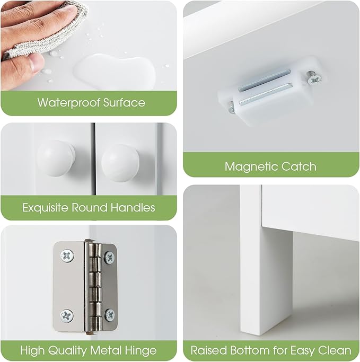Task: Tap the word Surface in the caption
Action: click(x=124, y=102)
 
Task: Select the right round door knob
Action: click(x=120, y=160)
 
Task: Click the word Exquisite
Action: click(x=45, y=207)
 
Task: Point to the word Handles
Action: click(x=133, y=207)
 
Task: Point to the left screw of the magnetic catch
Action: click(x=231, y=108)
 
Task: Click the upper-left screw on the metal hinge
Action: click(x=67, y=256)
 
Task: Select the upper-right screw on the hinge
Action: click(x=109, y=257)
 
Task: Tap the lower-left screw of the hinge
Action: click(x=67, y=315)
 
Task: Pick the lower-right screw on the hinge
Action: click(x=109, y=315)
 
